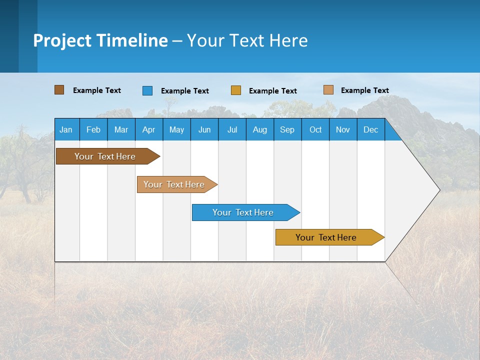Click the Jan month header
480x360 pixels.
66,129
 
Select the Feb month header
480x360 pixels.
93,129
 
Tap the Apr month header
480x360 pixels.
149,129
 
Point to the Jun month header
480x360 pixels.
204,129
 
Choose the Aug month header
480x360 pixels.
260,129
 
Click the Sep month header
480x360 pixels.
287,129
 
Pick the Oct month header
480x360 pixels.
315,129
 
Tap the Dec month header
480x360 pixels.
371,129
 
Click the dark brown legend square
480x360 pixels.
59,90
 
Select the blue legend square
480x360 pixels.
147,90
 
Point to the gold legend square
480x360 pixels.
236,90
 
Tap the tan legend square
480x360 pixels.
328,90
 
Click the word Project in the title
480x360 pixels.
62,40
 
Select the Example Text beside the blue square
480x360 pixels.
185,91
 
